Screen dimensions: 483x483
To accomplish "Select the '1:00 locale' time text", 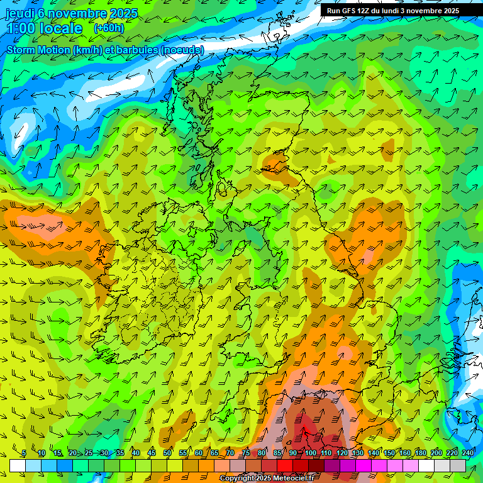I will click(x=45, y=28).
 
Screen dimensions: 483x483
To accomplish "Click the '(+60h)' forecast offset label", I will click(x=109, y=28).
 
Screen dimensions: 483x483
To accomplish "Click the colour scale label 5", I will click(x=23, y=453).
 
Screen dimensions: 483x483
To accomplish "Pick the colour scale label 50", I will click(x=167, y=453).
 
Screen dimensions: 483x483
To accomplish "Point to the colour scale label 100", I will click(x=311, y=453).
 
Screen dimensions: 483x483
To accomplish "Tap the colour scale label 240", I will click(x=467, y=453).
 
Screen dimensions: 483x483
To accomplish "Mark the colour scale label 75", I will click(x=246, y=453).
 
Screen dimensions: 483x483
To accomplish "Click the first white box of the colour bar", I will click(x=17, y=465).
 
